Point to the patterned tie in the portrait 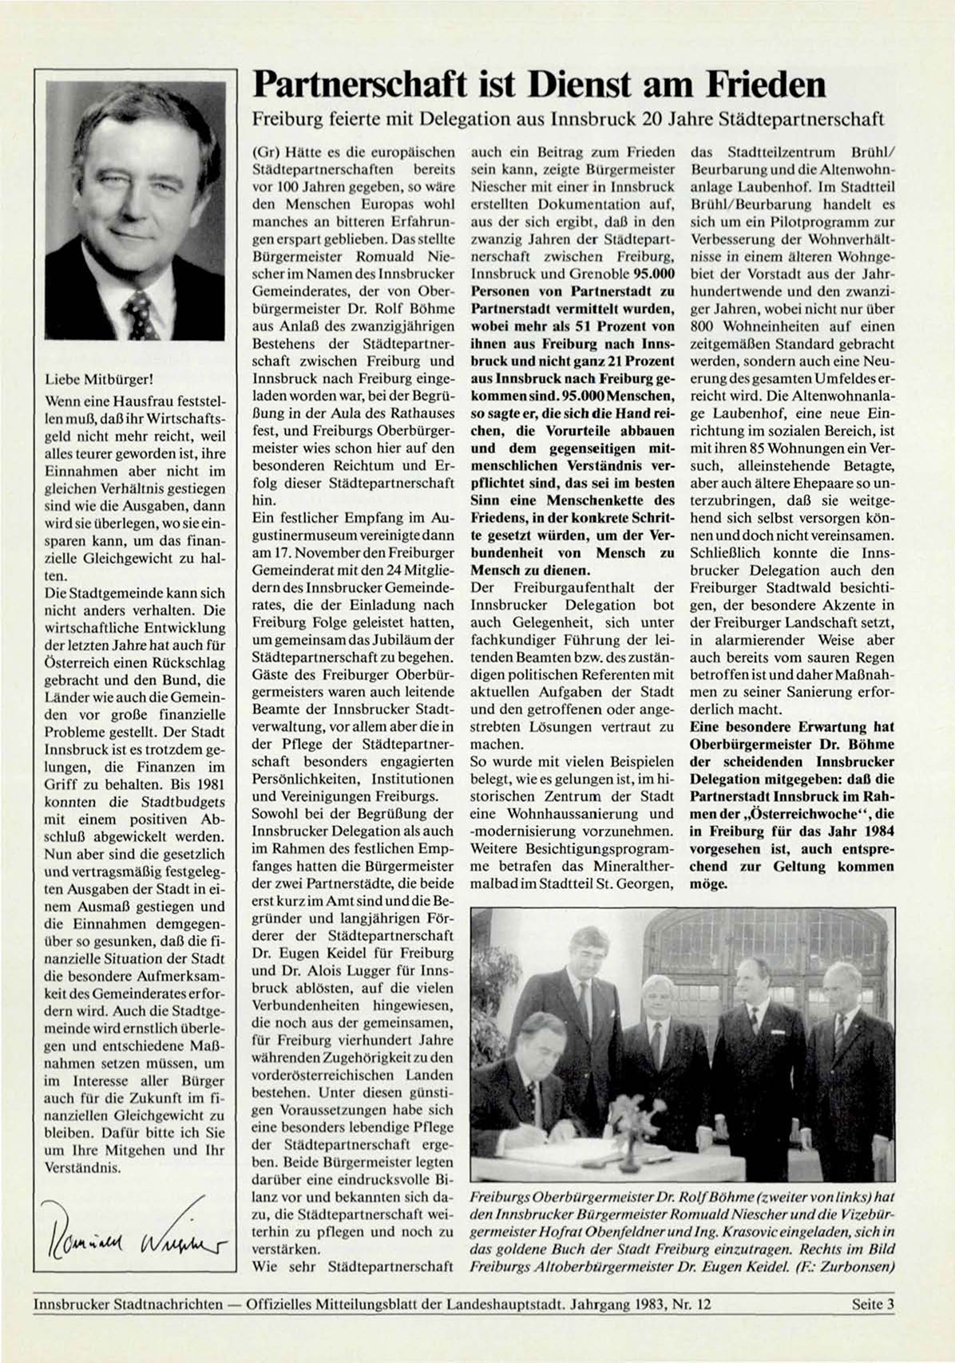tap(141, 314)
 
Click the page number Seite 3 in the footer tap(872, 1305)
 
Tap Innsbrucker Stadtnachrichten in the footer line tap(128, 1305)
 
